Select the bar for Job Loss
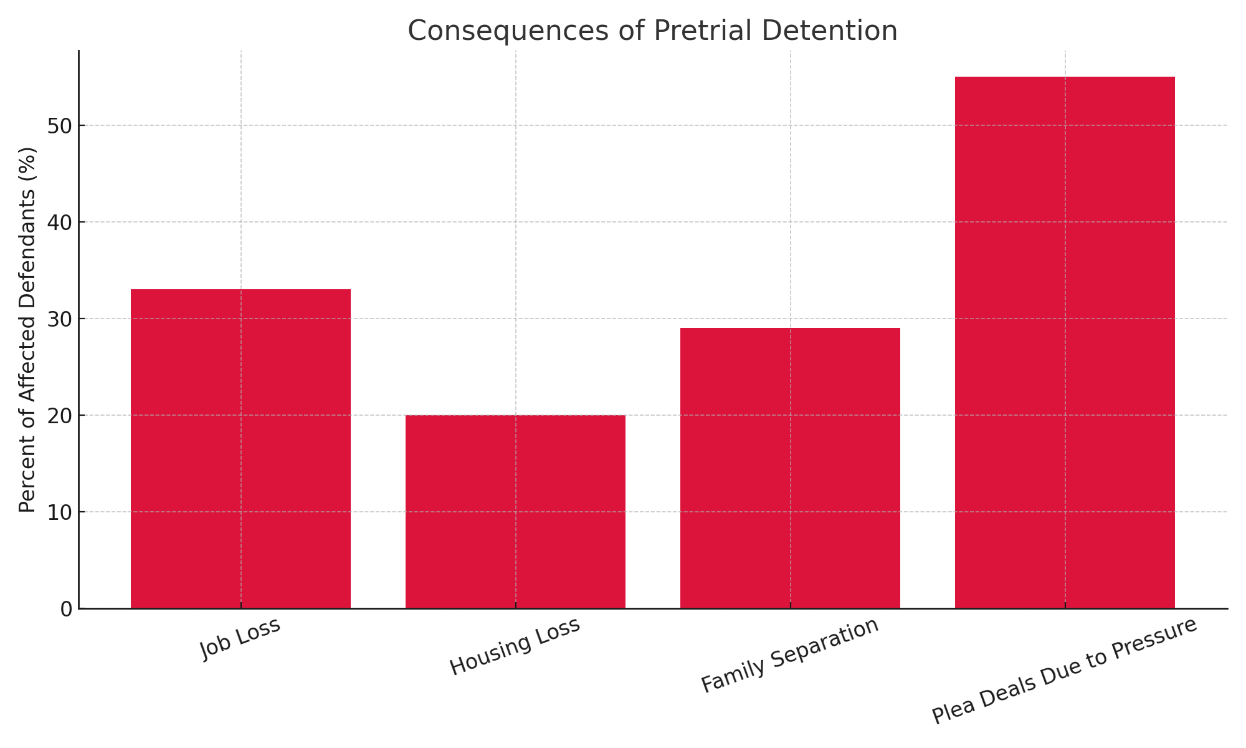pyautogui.click(x=240, y=449)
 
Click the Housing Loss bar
pyautogui.click(x=515, y=511)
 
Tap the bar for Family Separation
pyautogui.click(x=790, y=467)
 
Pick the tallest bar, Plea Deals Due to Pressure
pyautogui.click(x=1065, y=343)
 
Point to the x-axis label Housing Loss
pyautogui.click(x=515, y=646)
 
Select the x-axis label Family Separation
pyautogui.click(x=790, y=655)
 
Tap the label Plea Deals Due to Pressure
pyautogui.click(x=1065, y=671)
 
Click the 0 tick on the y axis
pyautogui.click(x=65, y=609)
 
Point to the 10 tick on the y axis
pyautogui.click(x=60, y=512)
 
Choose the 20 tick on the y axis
pyautogui.click(x=60, y=416)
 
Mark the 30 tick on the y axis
pyautogui.click(x=60, y=319)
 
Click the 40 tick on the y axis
pyautogui.click(x=60, y=223)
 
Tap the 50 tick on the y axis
pyautogui.click(x=60, y=126)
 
